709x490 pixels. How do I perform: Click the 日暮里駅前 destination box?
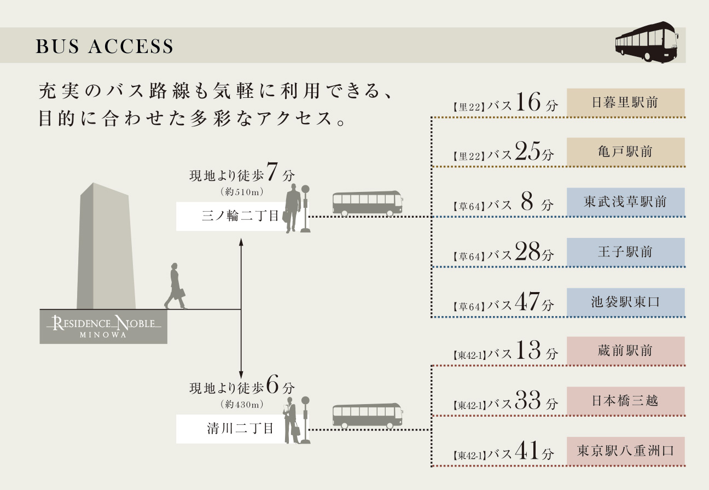click(x=625, y=102)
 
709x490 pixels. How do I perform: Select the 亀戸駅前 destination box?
click(x=625, y=151)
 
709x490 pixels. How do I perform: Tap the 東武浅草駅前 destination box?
click(x=625, y=202)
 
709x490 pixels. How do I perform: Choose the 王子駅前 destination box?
click(x=625, y=252)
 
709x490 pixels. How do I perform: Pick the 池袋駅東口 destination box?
click(x=625, y=302)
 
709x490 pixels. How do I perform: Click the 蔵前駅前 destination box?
click(x=625, y=351)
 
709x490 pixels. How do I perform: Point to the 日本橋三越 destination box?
click(x=625, y=401)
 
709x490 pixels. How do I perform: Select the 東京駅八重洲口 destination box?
click(x=625, y=451)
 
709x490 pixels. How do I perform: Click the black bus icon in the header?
click(x=647, y=42)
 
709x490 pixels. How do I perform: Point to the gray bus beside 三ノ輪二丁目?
click(x=367, y=203)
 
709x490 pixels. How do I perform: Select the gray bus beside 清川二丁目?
click(x=367, y=416)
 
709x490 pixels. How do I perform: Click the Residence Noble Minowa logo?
click(x=103, y=326)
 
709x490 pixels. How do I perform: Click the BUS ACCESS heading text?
click(x=104, y=47)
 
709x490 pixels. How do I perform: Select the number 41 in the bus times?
click(x=527, y=452)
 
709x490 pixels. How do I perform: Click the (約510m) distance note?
click(x=241, y=192)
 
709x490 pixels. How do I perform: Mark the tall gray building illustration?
click(x=106, y=246)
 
